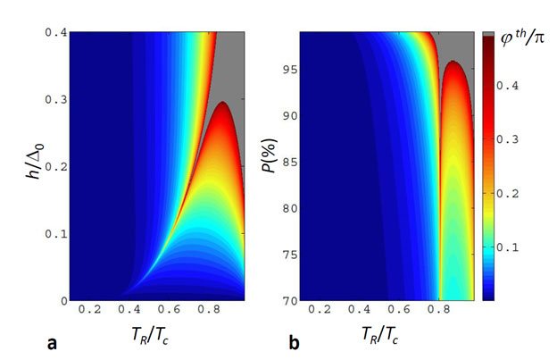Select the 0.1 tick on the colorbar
click(x=513, y=247)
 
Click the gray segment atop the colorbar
click(x=487, y=34)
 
